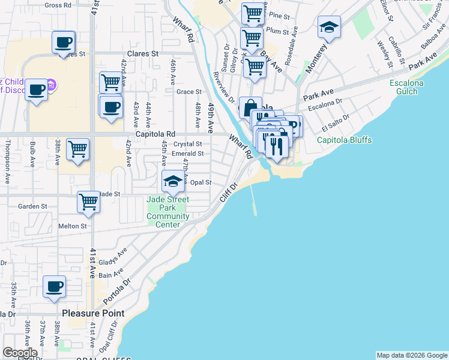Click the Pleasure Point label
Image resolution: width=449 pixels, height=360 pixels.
pos(93,313)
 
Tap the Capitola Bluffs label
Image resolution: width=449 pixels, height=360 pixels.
pos(345,140)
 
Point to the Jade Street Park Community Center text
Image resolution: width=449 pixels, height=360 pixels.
pos(168,212)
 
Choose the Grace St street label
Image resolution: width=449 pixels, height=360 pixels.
pos(189,92)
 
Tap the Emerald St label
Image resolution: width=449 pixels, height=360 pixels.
pos(188,154)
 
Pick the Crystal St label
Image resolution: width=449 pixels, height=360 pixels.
pos(188,144)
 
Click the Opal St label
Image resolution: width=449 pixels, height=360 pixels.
pos(201,182)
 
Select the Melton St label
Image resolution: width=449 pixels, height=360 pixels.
pos(73,226)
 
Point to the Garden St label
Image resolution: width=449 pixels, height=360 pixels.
pos(32,206)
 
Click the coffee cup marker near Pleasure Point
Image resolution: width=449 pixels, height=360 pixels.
pos(54,287)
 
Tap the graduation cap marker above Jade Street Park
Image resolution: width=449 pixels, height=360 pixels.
pos(172,181)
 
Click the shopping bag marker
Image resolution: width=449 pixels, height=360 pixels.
pos(250,107)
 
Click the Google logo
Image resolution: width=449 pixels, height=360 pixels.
pos(20,353)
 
